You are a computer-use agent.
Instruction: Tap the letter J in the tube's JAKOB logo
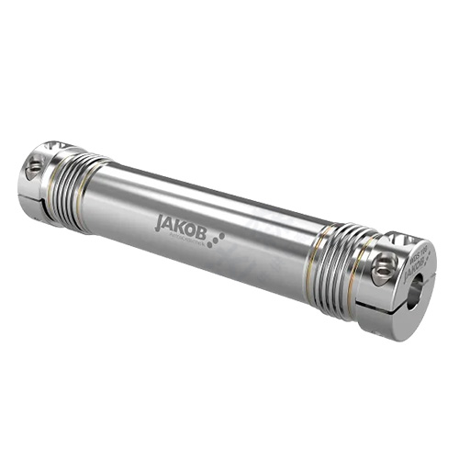tap(160, 220)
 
